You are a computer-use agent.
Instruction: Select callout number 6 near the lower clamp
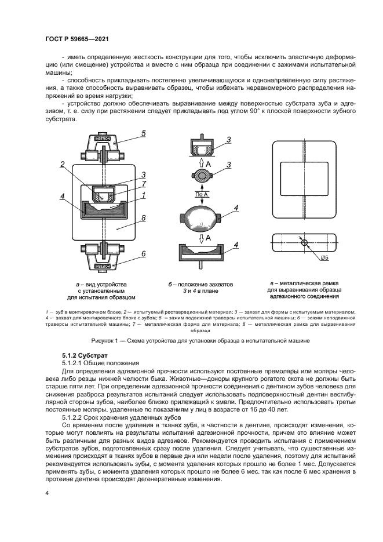(x=142, y=254)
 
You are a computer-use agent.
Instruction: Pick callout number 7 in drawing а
(x=143, y=183)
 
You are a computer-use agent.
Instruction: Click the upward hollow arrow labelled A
(x=200, y=165)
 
